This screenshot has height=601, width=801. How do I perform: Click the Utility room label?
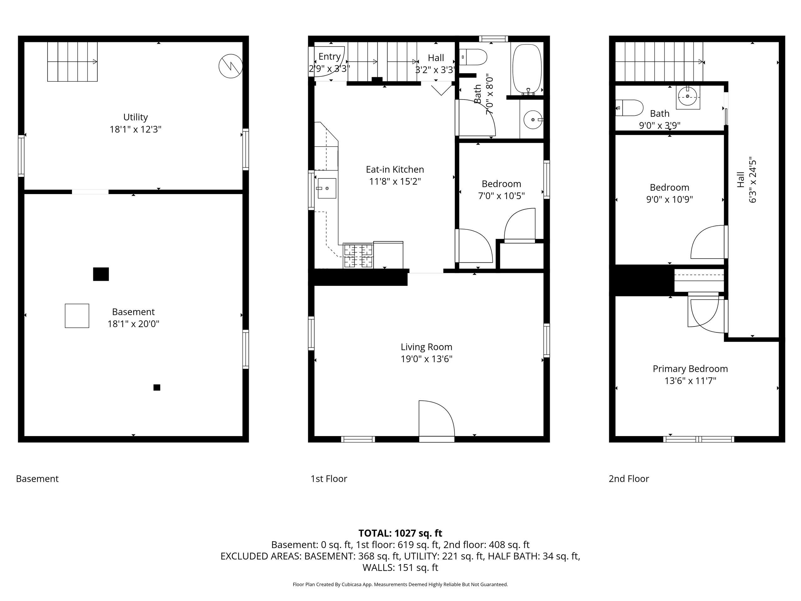(x=135, y=117)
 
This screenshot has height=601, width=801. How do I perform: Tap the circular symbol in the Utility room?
(x=231, y=66)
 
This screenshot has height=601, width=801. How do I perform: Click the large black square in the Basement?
(x=101, y=274)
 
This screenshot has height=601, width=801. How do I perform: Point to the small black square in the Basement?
(x=157, y=388)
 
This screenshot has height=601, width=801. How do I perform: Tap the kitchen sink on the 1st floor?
(x=327, y=188)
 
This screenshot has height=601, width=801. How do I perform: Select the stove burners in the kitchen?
(x=358, y=256)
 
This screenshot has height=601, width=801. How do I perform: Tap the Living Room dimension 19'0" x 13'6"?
(x=426, y=359)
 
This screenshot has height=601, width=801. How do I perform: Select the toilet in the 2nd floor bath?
(x=629, y=108)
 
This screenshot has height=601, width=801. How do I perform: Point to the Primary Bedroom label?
(x=690, y=369)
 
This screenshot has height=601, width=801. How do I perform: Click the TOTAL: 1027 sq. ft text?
(x=400, y=533)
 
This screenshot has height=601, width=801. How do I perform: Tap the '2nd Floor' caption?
(x=629, y=479)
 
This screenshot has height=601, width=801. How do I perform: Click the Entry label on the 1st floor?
(x=329, y=57)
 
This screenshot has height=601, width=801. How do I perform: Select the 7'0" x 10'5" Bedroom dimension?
(x=502, y=196)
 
